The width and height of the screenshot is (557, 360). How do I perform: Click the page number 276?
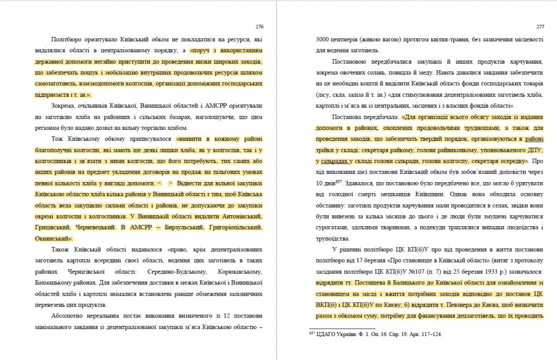pos(259,26)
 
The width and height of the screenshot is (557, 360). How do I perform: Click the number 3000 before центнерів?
pos(324,40)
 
